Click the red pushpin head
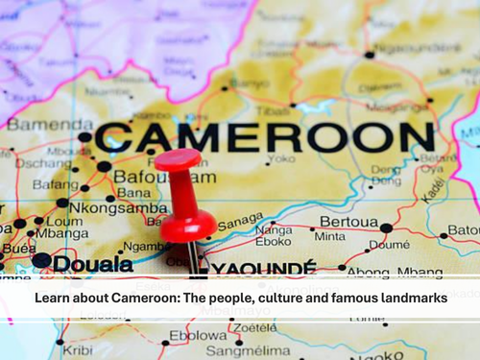click(179, 159)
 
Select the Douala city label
click(93, 263)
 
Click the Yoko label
click(282, 158)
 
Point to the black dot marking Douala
click(40, 260)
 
